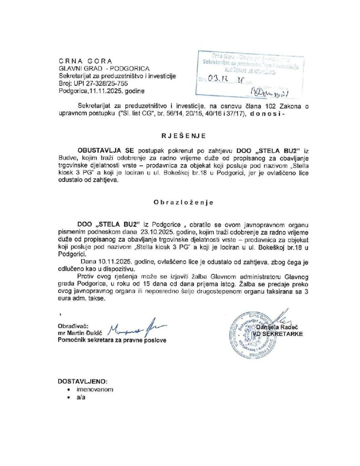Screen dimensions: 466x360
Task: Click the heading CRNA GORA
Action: (85, 61)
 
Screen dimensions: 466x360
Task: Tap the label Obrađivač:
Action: (72, 326)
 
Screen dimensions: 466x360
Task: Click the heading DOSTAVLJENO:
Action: (83, 381)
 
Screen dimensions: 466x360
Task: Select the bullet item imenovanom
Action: (95, 390)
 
